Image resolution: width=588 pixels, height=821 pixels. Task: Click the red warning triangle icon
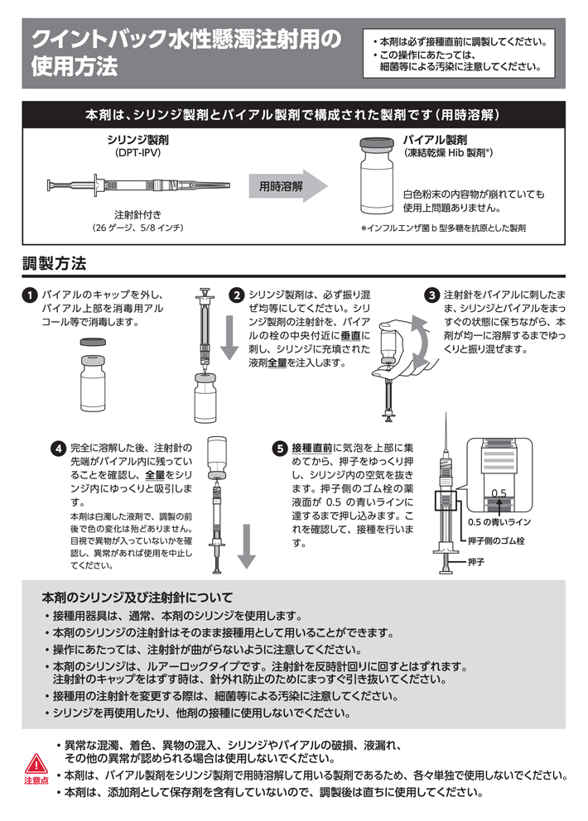36,762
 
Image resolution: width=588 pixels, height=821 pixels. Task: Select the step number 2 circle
236,295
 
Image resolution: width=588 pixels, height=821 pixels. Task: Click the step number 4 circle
58,449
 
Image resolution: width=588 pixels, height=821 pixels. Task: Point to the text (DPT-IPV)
137,154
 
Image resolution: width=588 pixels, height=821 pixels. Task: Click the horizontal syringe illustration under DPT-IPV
137,185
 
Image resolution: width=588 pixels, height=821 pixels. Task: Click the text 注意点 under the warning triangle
36,780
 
